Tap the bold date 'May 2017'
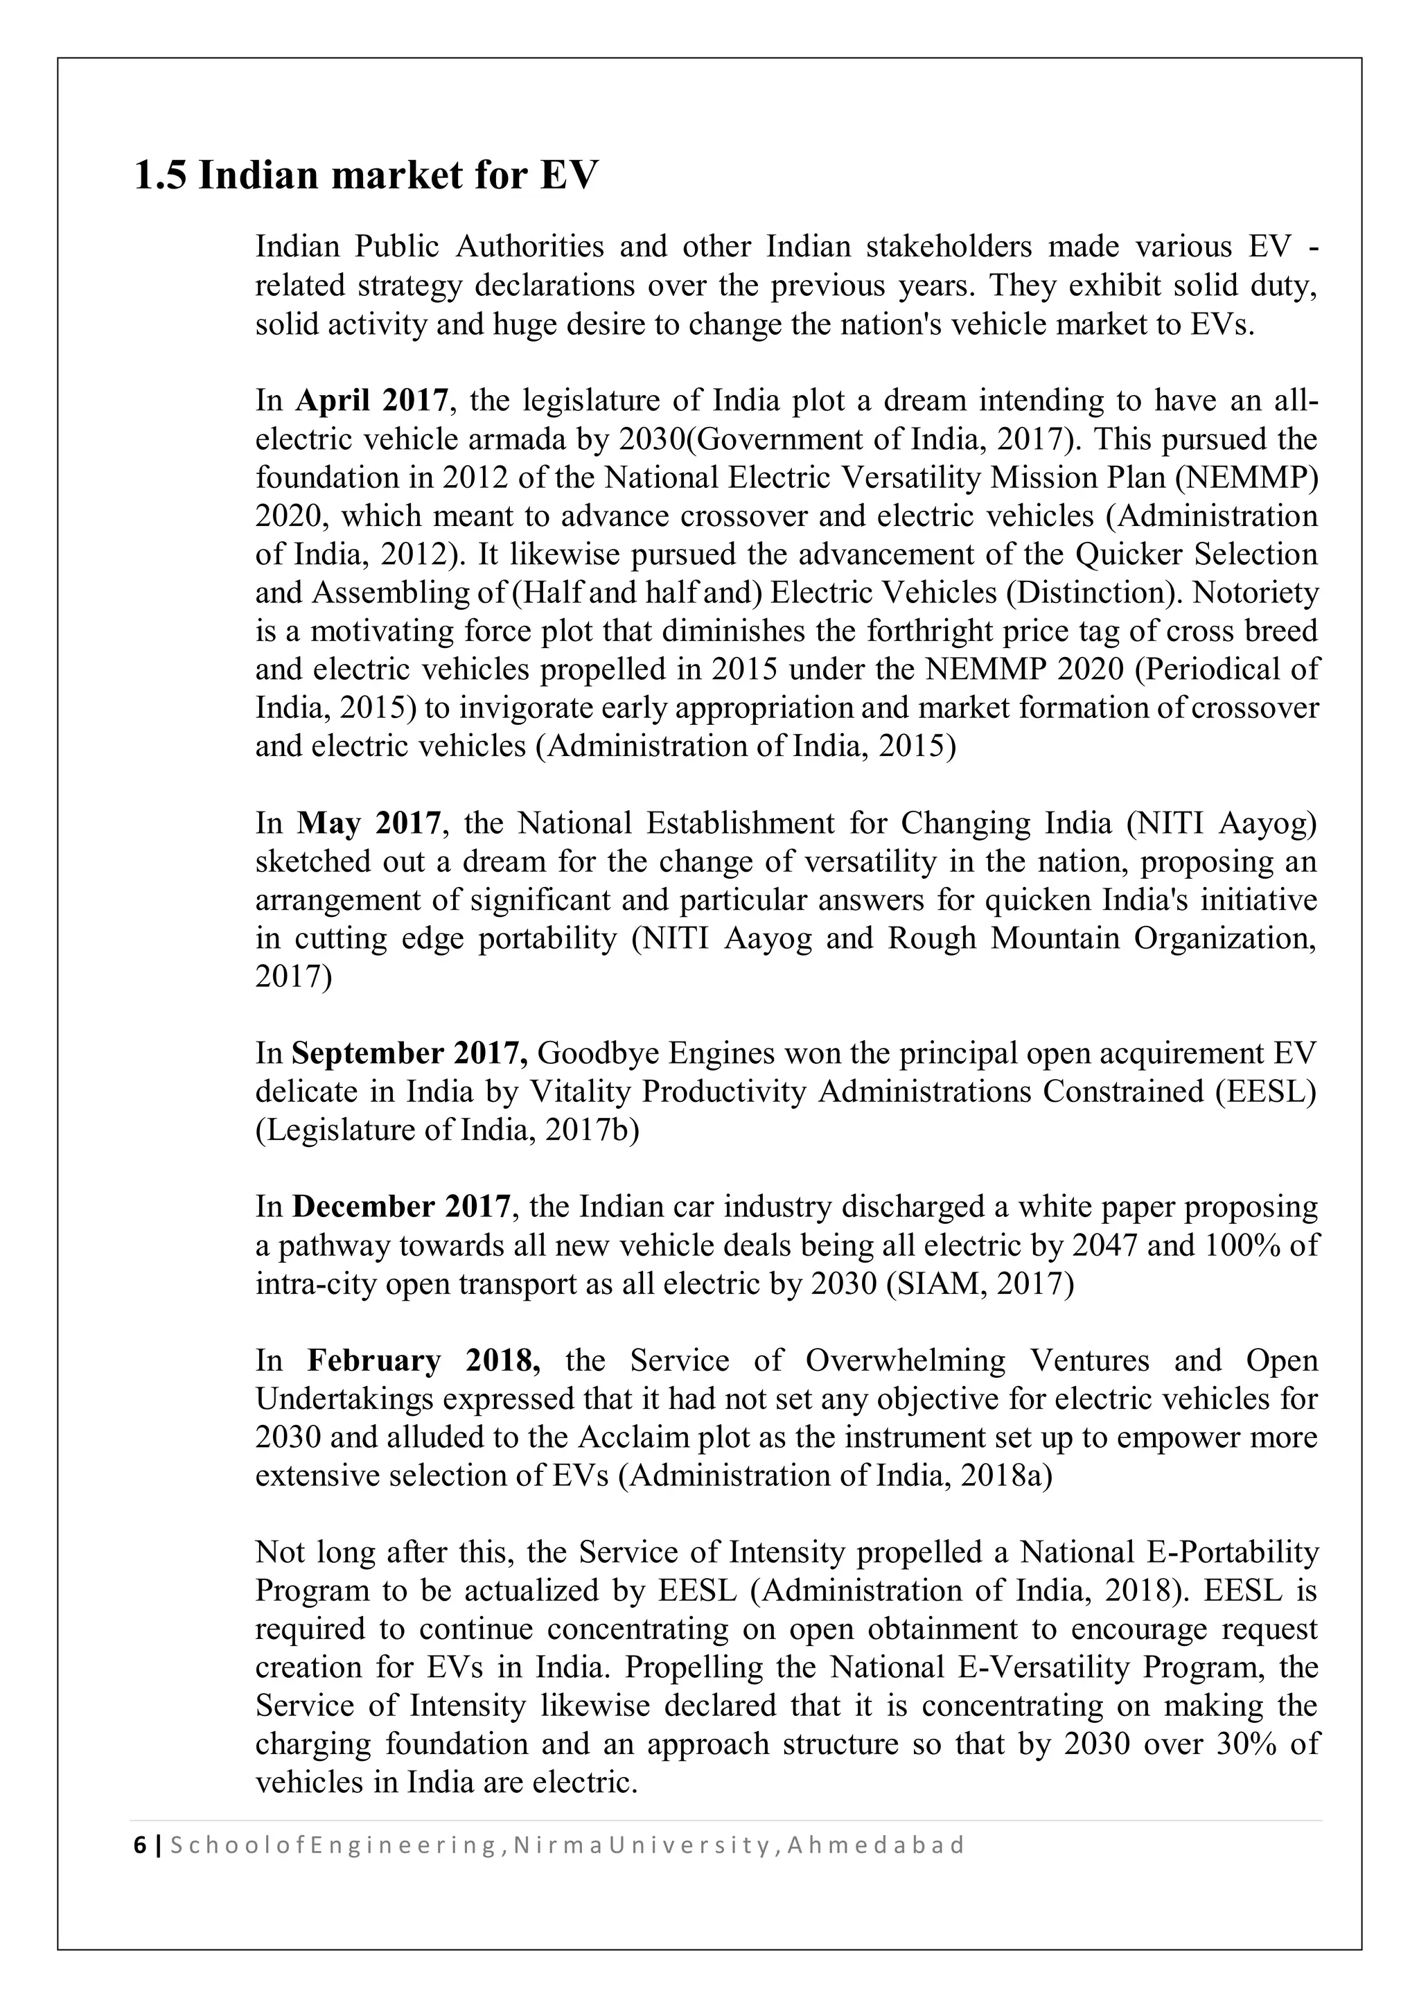(369, 823)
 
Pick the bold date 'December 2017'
(401, 1207)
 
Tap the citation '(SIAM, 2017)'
(980, 1284)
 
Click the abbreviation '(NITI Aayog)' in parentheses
(1221, 823)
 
